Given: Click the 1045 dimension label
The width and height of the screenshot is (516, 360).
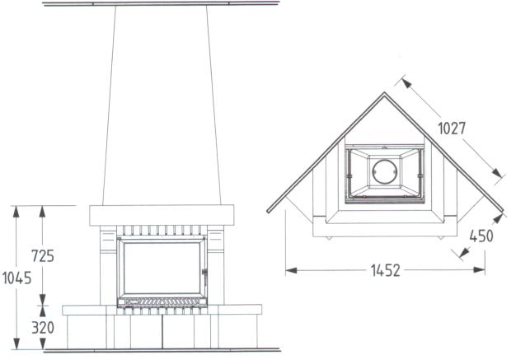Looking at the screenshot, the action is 16,278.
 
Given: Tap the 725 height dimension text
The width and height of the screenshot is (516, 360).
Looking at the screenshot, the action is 43,255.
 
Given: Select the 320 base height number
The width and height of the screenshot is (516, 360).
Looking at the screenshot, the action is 43,327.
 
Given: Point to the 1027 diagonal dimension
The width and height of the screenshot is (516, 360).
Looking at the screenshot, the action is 452,129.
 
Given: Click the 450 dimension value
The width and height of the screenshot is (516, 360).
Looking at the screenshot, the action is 481,236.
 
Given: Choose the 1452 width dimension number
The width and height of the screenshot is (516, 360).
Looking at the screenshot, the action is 386,270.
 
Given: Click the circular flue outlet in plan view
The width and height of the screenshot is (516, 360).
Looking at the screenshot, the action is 384,171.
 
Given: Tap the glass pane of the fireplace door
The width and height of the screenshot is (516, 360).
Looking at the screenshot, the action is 162,268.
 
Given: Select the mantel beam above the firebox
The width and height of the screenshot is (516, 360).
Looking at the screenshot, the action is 162,215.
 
